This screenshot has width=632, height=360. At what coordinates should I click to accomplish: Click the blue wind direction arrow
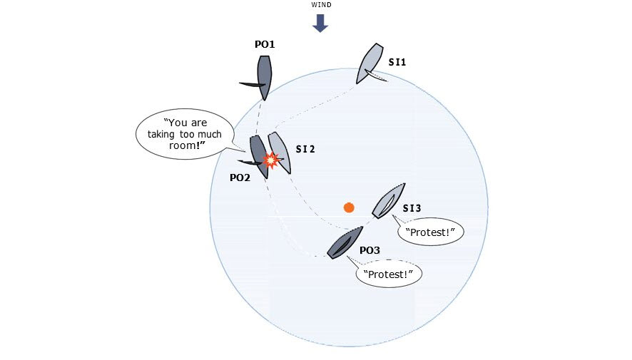(320, 23)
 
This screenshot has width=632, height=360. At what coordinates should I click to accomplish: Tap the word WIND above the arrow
(321, 5)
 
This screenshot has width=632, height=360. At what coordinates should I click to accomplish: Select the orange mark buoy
(349, 207)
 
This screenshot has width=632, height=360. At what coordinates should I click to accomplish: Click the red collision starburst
(271, 160)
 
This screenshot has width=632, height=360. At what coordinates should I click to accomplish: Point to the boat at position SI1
(369, 63)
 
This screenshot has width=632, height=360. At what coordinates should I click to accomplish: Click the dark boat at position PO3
(345, 242)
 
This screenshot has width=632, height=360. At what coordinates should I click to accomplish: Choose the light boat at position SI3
(389, 200)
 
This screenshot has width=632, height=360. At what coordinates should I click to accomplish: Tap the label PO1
(265, 44)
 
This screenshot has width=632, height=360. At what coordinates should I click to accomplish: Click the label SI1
(397, 62)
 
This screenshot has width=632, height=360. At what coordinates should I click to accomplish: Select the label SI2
(305, 149)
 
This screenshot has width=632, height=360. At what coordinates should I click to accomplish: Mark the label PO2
(240, 178)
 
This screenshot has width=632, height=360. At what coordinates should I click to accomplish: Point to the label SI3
(412, 208)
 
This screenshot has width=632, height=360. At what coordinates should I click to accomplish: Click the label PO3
(369, 250)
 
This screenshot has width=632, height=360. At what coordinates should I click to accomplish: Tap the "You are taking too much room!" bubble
(185, 134)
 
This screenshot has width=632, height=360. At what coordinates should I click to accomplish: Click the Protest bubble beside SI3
(430, 232)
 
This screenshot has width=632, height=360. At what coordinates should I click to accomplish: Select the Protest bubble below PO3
(389, 274)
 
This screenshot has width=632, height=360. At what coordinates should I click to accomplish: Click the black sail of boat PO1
(253, 84)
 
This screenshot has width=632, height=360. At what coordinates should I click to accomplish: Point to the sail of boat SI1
(376, 75)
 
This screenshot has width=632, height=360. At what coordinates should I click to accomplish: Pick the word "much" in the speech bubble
(209, 135)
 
